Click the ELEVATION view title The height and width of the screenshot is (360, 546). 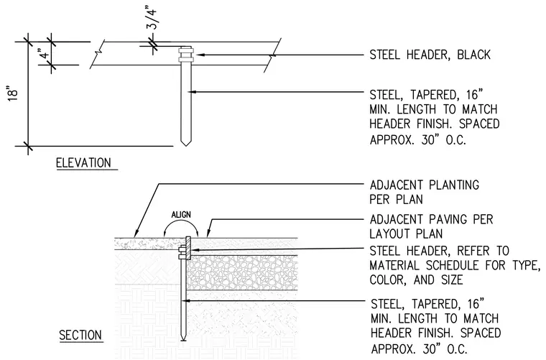click(x=83, y=163)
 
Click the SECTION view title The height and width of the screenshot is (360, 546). click(x=80, y=336)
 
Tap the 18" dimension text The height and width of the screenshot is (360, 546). click(x=12, y=95)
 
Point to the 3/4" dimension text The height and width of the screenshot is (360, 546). click(x=152, y=20)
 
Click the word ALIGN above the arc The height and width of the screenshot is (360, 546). click(x=181, y=214)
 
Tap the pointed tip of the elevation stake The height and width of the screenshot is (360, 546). click(x=185, y=145)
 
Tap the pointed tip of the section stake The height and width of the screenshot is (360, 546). click(x=182, y=339)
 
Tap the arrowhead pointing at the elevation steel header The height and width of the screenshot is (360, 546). click(x=198, y=55)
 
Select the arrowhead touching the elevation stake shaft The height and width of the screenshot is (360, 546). click(x=193, y=92)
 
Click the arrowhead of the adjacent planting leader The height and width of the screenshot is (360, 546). click(x=136, y=234)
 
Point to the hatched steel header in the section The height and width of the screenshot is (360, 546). click(x=188, y=248)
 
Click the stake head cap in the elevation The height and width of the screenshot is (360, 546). click(x=185, y=55)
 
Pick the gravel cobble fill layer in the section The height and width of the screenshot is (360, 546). click(x=242, y=272)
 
